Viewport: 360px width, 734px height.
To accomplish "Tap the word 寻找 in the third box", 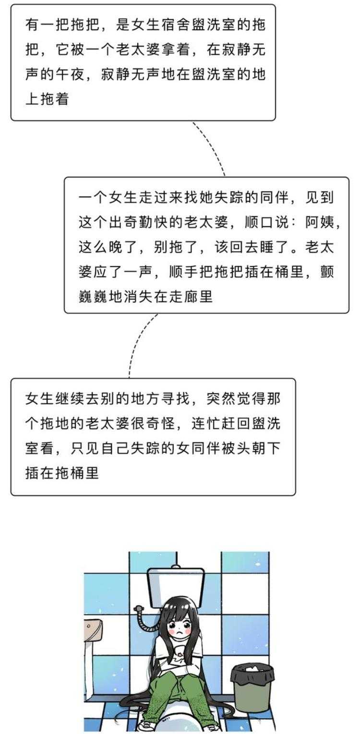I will (179, 398).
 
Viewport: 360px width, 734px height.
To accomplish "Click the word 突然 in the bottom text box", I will (222, 398).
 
